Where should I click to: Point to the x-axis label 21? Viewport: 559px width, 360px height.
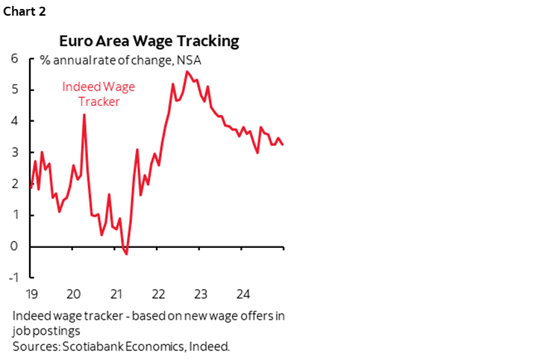pyautogui.click(x=116, y=293)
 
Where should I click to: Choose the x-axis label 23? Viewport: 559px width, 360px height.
pyautogui.click(x=200, y=293)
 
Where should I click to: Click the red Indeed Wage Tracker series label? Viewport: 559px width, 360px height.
pyautogui.click(x=99, y=94)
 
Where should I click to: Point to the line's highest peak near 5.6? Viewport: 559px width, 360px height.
pyautogui.click(x=186, y=72)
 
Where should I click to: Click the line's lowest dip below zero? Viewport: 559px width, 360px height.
pyautogui.click(x=126, y=254)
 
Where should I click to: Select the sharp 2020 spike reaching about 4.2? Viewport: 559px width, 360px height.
pyautogui.click(x=84, y=115)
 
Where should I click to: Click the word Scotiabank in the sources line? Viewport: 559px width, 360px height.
pyautogui.click(x=81, y=347)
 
